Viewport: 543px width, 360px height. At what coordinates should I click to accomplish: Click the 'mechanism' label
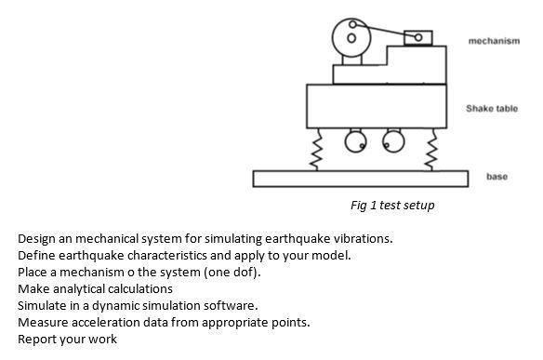point(494,41)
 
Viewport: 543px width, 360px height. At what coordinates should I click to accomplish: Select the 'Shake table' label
point(492,109)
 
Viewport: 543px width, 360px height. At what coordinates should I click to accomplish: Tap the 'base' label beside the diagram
point(497,177)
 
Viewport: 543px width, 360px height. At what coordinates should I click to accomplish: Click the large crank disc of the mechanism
point(351,36)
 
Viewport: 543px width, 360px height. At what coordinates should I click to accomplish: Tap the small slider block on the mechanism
point(418,36)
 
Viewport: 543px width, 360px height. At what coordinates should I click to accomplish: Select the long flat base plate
point(361,178)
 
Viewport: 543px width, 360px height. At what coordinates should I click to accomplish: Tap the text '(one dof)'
point(232,273)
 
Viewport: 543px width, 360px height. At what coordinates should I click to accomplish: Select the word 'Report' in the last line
point(38,340)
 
